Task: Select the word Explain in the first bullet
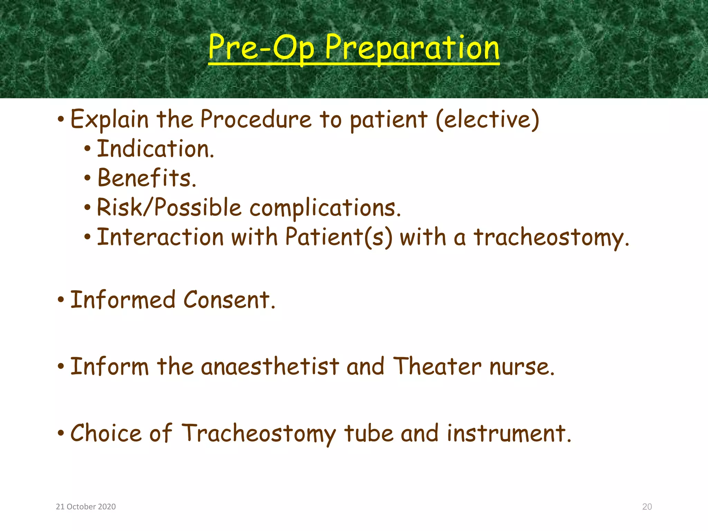(110, 119)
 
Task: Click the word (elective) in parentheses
(487, 119)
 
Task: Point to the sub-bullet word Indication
(155, 149)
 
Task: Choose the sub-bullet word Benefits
(147, 178)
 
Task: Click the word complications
(325, 208)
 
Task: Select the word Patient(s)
(339, 237)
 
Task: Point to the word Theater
(437, 366)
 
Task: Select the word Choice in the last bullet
(106, 433)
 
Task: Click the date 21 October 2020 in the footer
(86, 507)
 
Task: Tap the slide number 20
(647, 507)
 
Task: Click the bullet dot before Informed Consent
(61, 300)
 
